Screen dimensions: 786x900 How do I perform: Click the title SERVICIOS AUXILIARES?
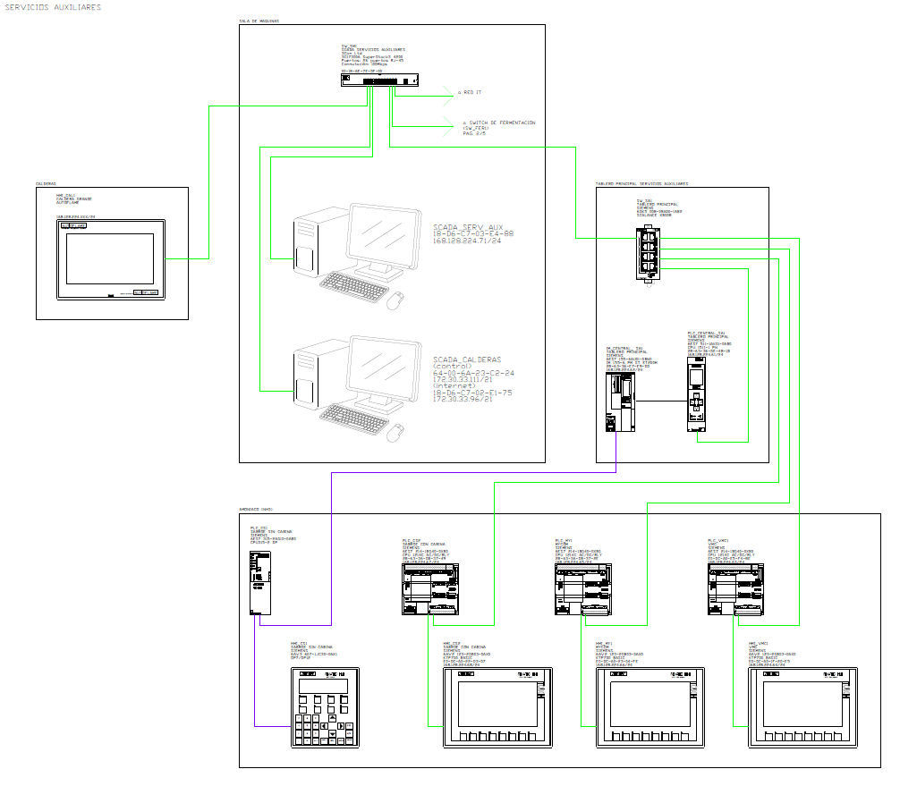tap(51, 7)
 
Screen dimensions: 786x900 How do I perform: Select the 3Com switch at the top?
tap(368, 80)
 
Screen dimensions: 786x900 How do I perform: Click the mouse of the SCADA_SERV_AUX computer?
tap(395, 301)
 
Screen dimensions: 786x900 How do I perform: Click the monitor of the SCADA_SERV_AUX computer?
tap(386, 237)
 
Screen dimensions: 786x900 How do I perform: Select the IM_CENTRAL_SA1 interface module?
tap(617, 403)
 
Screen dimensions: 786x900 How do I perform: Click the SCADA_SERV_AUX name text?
tap(468, 228)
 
